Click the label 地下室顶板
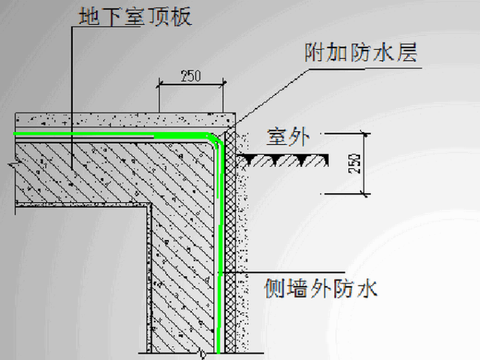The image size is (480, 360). point(134,17)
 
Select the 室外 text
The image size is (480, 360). point(285,138)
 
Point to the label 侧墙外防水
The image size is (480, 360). point(320,290)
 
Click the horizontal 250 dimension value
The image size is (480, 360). point(190,76)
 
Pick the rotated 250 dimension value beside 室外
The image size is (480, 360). point(354,163)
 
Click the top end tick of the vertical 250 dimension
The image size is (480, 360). point(364,133)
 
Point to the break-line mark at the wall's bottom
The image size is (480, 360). point(201,353)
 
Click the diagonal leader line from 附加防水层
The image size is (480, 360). point(272,95)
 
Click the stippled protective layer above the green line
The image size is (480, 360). point(126,120)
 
